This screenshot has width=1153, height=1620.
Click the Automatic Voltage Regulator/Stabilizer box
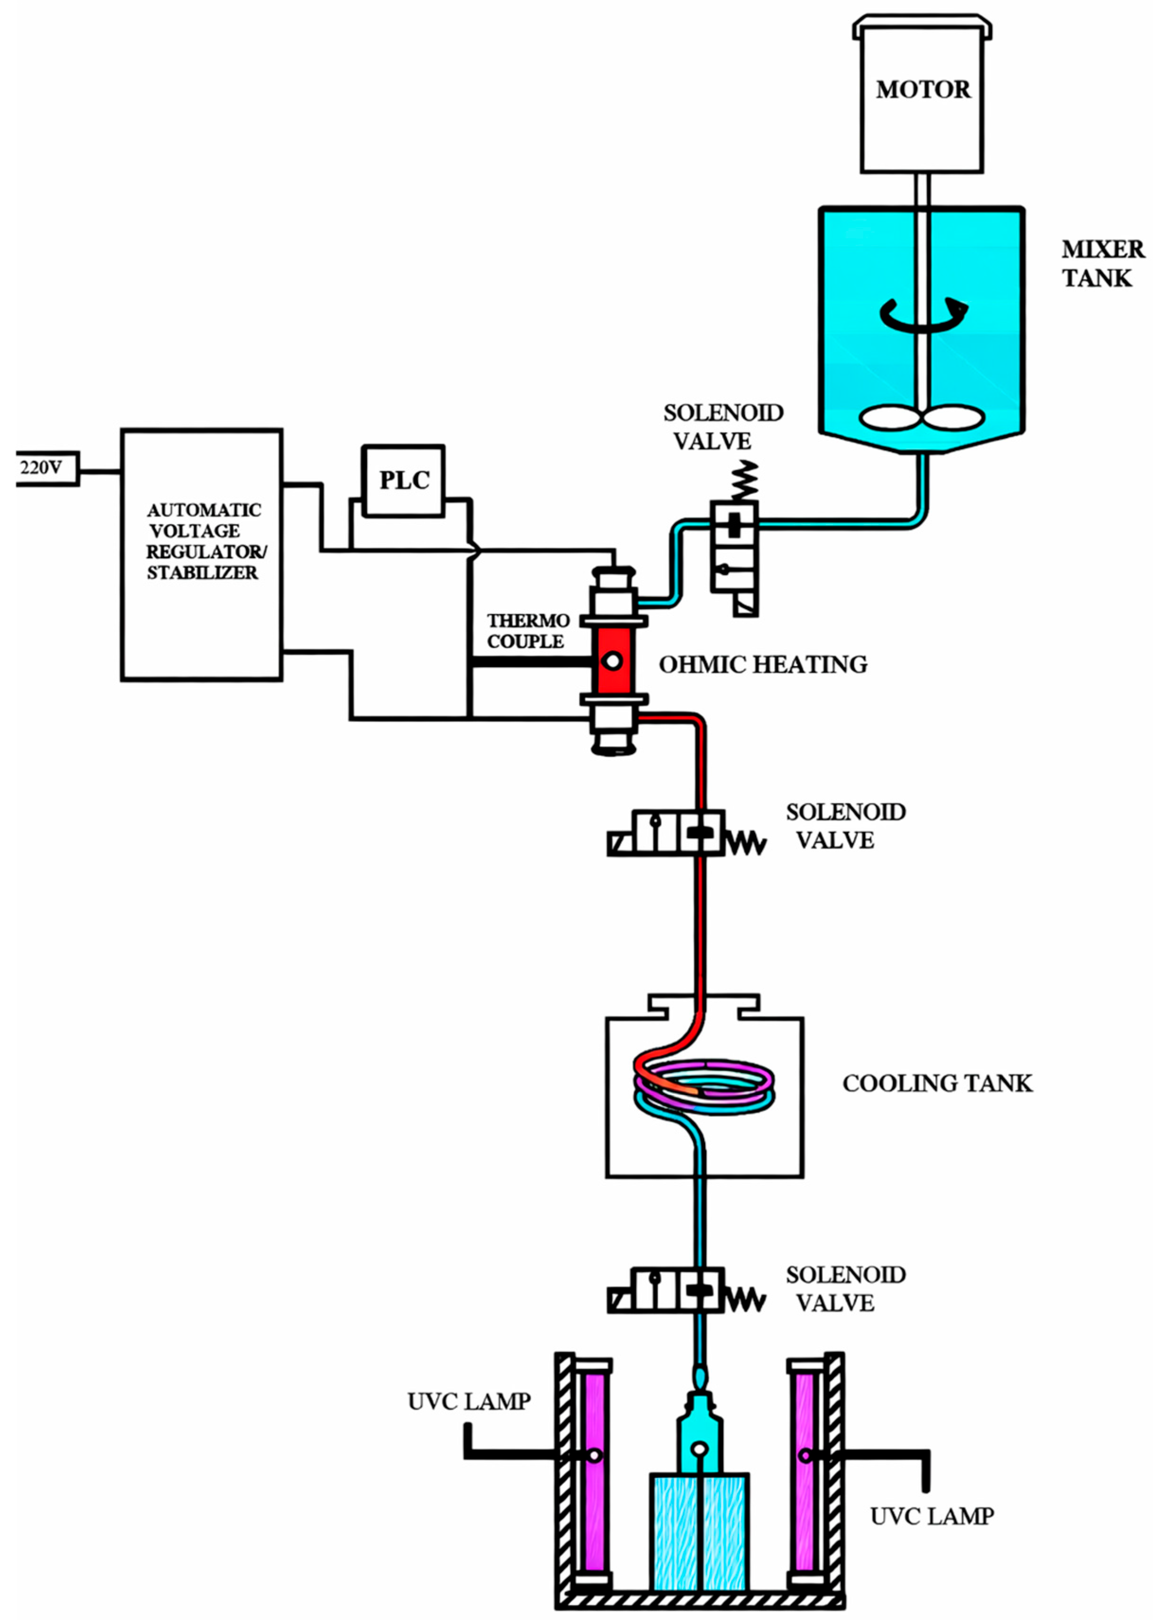202,554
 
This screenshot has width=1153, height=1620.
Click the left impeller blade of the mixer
889,418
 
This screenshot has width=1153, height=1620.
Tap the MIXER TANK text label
1100,263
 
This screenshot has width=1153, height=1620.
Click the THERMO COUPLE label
527,631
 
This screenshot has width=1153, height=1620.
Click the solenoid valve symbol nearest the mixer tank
734,557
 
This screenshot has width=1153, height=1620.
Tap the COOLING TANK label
937,1083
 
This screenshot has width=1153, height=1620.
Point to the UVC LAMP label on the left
469,1401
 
